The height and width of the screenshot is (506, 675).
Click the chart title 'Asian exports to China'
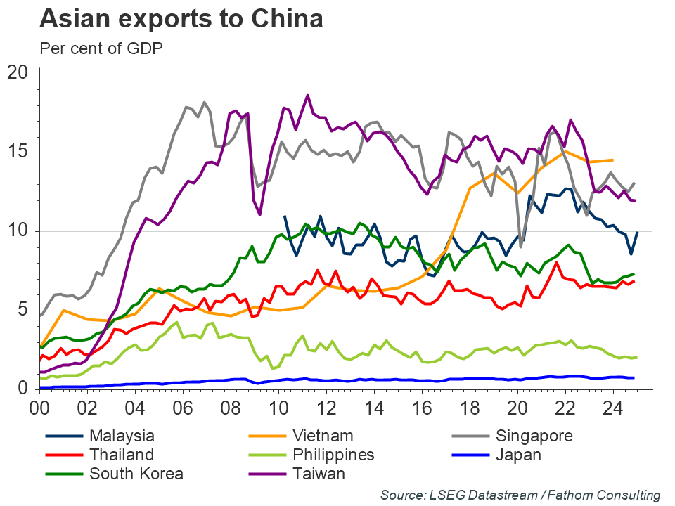coord(181,20)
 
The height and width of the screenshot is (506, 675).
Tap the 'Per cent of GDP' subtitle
coord(101,48)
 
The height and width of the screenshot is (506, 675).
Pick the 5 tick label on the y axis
coord(23,310)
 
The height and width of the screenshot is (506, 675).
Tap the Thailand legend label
coord(122,455)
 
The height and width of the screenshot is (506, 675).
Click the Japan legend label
coord(519,455)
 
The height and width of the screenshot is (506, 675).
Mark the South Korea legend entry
coord(136,473)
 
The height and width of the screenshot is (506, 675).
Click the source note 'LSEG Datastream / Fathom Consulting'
coord(520,495)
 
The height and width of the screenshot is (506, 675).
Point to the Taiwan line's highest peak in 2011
coord(307,95)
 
